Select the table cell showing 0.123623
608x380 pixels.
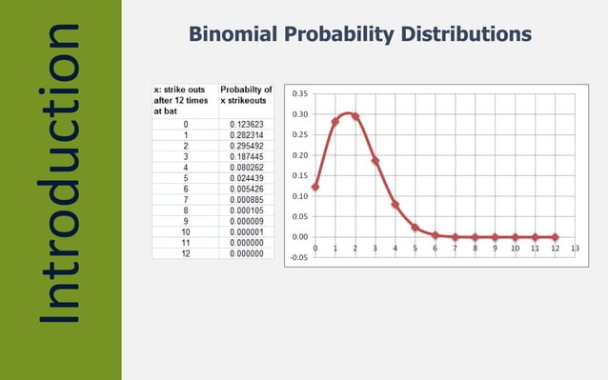click(246, 124)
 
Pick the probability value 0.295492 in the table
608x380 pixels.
click(246, 146)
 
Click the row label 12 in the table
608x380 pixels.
click(185, 252)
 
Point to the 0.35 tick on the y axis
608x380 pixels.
click(299, 93)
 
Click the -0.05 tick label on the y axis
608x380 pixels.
click(298, 257)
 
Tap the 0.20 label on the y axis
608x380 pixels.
click(299, 155)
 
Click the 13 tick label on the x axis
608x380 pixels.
click(575, 248)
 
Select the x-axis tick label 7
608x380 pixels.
click(455, 248)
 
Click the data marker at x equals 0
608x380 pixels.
click(314, 187)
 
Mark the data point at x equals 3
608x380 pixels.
click(375, 160)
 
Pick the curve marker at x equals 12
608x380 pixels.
click(555, 237)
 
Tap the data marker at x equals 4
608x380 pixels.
click(395, 204)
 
